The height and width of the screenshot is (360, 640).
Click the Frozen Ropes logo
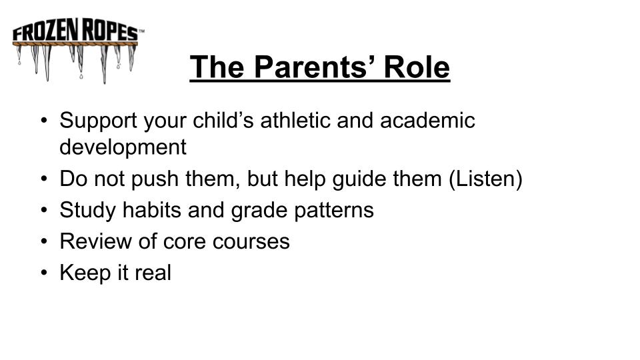78,50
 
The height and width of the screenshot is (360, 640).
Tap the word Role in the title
417,67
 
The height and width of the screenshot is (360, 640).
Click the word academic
427,120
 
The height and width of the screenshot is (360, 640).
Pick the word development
123,147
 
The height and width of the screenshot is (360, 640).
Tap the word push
155,179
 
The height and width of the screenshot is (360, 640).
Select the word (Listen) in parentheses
485,179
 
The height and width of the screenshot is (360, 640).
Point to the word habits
152,210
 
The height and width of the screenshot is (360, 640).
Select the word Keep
85,273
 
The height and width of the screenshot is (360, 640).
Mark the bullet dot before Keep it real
44,273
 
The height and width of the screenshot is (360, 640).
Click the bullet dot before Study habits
44,210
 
